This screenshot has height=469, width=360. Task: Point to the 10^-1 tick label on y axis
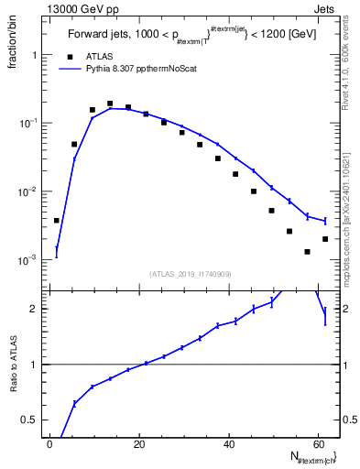click(x=27, y=123)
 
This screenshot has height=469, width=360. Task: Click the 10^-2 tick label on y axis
click(x=27, y=191)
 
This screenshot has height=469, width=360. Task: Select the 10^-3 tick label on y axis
click(x=27, y=260)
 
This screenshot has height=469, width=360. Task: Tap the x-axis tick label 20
click(x=139, y=443)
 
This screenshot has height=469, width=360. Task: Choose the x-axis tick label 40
click(x=228, y=443)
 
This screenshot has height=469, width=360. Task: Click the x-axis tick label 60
click(x=317, y=443)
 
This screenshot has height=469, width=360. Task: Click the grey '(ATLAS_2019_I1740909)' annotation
click(x=189, y=273)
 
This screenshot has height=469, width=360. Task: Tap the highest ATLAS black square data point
click(x=110, y=104)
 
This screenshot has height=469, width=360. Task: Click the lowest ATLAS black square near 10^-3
click(x=308, y=252)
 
